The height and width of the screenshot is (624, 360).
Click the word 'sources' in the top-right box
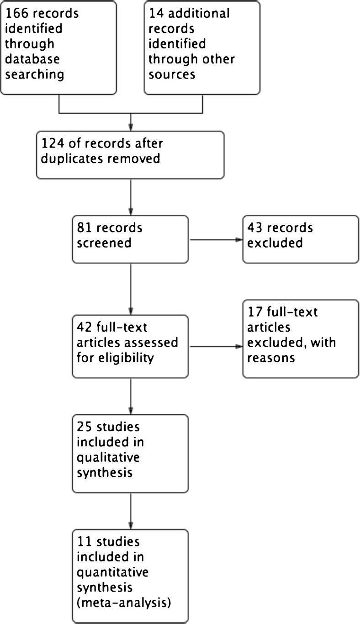[172, 74]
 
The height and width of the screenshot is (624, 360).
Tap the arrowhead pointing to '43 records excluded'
[239, 239]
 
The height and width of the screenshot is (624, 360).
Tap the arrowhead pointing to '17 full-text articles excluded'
[239, 346]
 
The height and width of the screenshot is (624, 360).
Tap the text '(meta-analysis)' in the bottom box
[124, 602]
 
